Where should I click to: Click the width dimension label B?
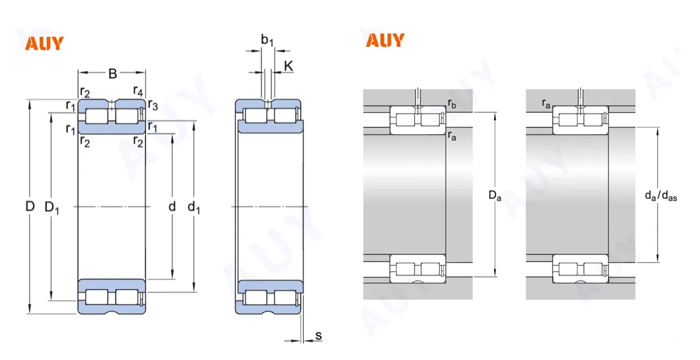coord(112,73)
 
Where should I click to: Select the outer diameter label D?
coord(30,207)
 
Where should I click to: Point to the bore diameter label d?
coord(172,207)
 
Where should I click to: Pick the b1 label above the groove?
coord(267,41)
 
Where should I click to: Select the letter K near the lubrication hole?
coord(288,65)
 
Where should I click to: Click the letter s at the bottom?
coord(318,336)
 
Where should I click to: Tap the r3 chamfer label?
coord(153,105)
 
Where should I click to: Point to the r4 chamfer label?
coord(138,90)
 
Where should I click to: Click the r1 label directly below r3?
coord(153,126)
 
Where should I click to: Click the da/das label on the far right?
coord(660,195)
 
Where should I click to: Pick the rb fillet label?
coord(452,104)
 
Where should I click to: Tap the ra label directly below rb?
coord(452,136)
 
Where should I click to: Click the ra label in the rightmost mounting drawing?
coord(546,103)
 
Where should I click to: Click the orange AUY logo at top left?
coord(44,44)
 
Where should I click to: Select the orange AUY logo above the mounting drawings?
coord(385,40)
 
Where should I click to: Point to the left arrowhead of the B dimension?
coord(81,73)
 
